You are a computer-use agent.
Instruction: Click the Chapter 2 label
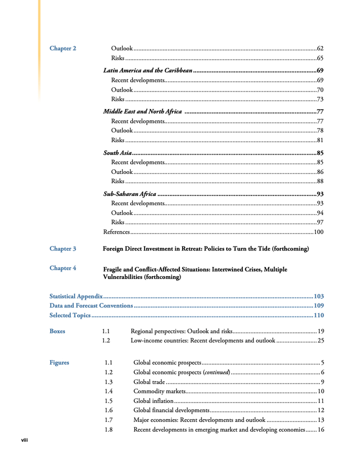click(63, 48)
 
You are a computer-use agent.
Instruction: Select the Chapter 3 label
click(63, 249)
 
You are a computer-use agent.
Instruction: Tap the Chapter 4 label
click(63, 268)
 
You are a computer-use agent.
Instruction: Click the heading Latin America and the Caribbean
click(148, 70)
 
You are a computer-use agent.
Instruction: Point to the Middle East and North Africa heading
click(142, 112)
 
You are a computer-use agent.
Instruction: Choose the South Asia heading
click(117, 153)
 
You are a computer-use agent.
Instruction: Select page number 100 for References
click(318, 232)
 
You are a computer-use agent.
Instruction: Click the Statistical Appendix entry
click(76, 296)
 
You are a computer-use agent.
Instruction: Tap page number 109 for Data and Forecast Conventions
click(318, 306)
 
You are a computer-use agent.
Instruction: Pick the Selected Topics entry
click(70, 315)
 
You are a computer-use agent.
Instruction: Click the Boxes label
click(58, 332)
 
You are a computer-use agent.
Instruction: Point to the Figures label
click(59, 363)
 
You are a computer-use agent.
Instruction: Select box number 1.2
click(106, 340)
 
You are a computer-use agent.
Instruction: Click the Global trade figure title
click(149, 382)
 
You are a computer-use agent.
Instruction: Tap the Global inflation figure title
click(153, 401)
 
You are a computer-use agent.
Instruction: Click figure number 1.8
click(109, 429)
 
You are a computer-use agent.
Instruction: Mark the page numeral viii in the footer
click(24, 440)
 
